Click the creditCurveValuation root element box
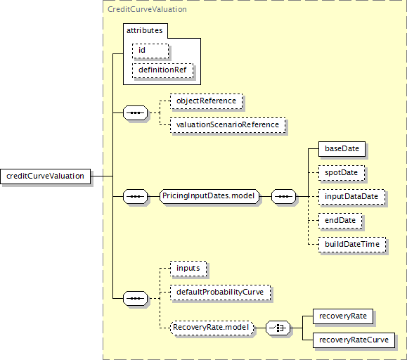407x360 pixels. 46,176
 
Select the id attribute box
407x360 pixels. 150,51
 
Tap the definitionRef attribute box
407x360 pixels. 163,70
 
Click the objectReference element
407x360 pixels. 207,101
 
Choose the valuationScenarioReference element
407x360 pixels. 228,125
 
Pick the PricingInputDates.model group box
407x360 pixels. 209,196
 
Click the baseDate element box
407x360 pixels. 342,149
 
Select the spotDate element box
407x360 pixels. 342,172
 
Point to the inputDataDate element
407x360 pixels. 351,196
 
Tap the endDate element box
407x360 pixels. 340,220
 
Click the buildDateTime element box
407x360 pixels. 352,244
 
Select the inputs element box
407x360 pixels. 188,268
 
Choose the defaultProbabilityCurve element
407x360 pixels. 221,292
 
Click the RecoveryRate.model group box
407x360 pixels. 212,328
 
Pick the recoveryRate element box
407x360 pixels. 343,316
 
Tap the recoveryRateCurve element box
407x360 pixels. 354,340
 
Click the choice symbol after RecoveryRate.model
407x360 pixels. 278,328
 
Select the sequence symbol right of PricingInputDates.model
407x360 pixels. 283,196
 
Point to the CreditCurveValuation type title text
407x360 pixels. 147,9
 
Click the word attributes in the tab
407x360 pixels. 144,30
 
